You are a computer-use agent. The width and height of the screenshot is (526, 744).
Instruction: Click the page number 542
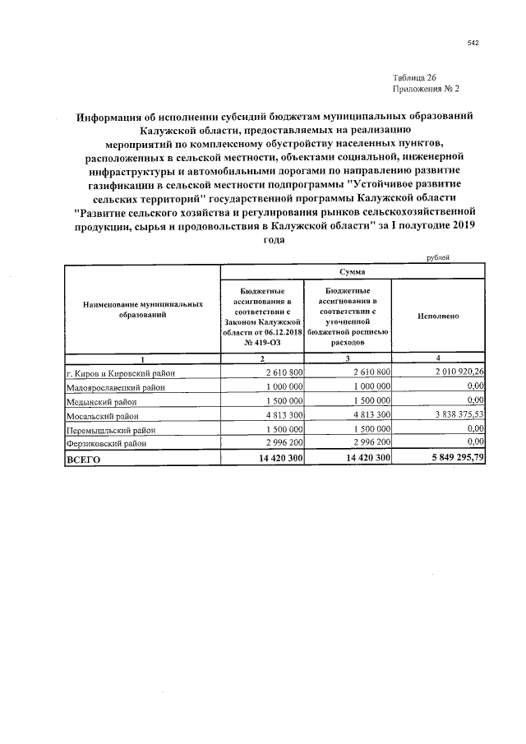coord(472,44)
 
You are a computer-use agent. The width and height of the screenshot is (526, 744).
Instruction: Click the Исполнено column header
coord(437,316)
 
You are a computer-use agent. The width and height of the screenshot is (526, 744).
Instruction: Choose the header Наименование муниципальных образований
coord(142,309)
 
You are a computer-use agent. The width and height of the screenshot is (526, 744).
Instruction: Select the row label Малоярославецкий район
coord(116,387)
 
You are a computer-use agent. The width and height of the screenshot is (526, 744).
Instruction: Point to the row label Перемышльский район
coord(111,431)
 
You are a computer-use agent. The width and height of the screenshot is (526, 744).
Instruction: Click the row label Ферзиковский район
coord(108,445)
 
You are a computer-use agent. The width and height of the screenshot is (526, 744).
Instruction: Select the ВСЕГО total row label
coord(83,460)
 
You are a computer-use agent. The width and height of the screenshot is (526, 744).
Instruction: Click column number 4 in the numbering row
coord(437,358)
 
